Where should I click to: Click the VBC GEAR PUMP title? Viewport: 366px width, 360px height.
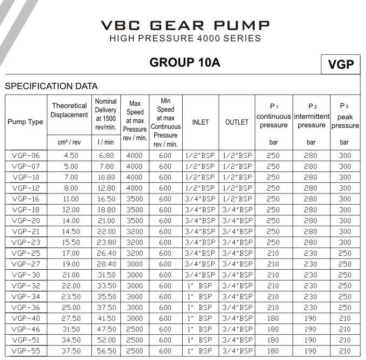(x=185, y=25)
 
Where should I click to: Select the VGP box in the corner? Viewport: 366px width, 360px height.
(x=341, y=64)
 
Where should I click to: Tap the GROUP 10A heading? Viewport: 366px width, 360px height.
(x=185, y=62)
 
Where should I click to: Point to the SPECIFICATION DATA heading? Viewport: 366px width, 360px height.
(x=52, y=86)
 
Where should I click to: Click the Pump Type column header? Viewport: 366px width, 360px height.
(x=25, y=122)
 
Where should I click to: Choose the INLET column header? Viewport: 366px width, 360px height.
(x=200, y=122)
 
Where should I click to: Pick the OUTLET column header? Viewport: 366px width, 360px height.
(x=237, y=122)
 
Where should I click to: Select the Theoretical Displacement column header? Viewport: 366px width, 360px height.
(x=69, y=110)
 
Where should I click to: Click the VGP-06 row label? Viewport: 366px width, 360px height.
(x=25, y=155)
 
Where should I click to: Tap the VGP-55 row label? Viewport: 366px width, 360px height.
(x=25, y=351)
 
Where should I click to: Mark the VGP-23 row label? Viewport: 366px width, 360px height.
(x=25, y=242)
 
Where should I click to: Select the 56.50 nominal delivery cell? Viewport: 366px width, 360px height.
(x=106, y=351)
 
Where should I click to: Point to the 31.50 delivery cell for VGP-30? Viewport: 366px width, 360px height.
(x=106, y=275)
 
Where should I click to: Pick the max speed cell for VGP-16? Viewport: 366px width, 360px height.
(x=134, y=199)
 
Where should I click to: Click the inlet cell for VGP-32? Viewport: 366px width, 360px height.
(x=200, y=286)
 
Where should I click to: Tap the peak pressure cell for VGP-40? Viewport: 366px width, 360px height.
(x=345, y=319)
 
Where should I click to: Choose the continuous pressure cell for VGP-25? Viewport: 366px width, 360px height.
(x=273, y=253)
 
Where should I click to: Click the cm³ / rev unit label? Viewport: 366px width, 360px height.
(x=69, y=142)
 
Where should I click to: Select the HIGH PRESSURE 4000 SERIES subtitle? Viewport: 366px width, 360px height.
(x=185, y=39)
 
